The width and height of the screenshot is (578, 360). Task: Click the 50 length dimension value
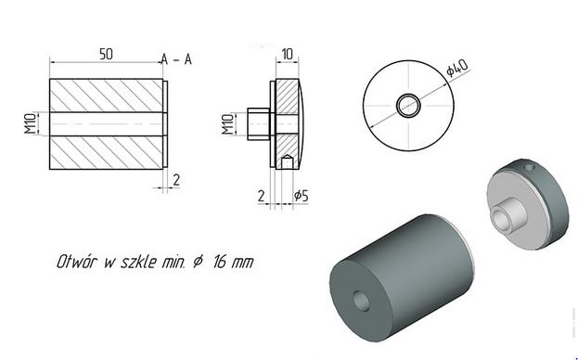106,54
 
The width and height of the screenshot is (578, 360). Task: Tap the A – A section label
176,59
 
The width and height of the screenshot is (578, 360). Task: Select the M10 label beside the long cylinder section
31,123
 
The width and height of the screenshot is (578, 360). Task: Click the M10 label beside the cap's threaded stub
228,124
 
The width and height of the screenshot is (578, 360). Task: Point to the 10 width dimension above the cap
288,54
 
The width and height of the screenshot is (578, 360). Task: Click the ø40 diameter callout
457,68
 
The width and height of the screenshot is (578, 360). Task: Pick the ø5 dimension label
301,196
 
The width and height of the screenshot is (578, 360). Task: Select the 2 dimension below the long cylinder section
176,180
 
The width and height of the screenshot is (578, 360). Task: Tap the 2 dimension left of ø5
261,196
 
